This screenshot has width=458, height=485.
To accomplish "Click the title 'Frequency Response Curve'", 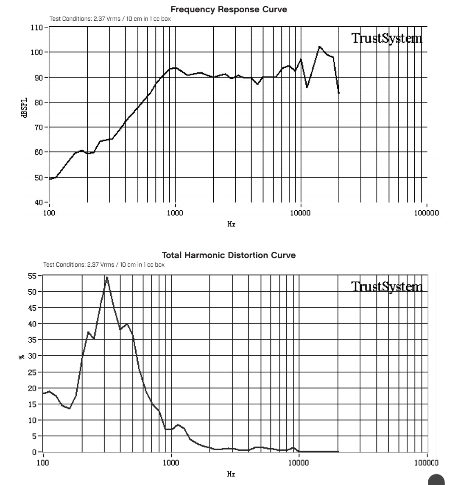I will click(229, 9).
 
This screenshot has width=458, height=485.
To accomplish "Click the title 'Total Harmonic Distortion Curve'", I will click(229, 255).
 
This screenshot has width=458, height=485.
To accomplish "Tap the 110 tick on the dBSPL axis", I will click(37, 28).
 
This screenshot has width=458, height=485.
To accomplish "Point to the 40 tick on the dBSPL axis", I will click(39, 202).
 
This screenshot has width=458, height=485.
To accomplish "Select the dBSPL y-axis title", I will click(25, 108).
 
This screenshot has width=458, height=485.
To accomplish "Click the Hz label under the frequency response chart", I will click(231, 223).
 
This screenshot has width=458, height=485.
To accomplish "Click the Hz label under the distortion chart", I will click(231, 474).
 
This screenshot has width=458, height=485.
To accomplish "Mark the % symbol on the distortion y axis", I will click(21, 357).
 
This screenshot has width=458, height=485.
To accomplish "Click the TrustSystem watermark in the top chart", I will click(387, 39).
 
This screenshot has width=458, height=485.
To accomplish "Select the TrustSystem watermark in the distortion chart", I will click(387, 287).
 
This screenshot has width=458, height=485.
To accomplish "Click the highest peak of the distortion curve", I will click(107, 277).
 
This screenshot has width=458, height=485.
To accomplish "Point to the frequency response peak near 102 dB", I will click(319, 47).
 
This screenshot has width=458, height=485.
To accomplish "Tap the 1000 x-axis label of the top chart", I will click(175, 213).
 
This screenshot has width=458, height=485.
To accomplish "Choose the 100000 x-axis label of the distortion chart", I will click(426, 463).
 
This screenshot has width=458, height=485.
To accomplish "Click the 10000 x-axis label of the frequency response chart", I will click(300, 213).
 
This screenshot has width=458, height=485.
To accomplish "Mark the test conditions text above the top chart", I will click(110, 19).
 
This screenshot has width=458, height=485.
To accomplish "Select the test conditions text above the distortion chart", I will click(104, 265).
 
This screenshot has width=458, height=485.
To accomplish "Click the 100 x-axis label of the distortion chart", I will click(43, 463).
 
